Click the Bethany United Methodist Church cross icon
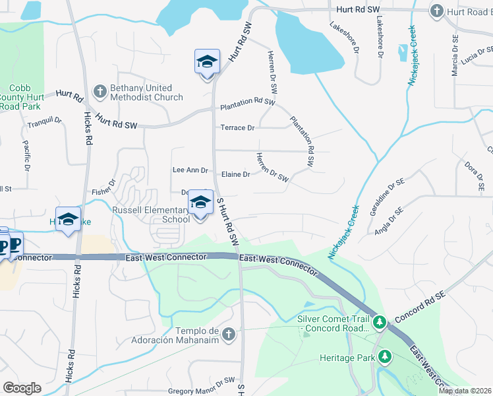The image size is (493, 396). click(x=100, y=92)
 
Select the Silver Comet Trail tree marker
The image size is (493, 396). click(x=379, y=323)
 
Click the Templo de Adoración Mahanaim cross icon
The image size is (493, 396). click(x=229, y=335)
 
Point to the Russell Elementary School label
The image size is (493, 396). click(x=150, y=214)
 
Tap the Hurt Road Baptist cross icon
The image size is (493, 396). click(x=436, y=11)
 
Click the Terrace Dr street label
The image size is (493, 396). click(x=237, y=128)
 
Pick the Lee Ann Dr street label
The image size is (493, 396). click(x=190, y=170)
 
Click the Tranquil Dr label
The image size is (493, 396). click(x=44, y=122)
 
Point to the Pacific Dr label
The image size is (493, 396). click(x=26, y=155)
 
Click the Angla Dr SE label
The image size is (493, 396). click(x=388, y=220)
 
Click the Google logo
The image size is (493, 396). click(x=22, y=388)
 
